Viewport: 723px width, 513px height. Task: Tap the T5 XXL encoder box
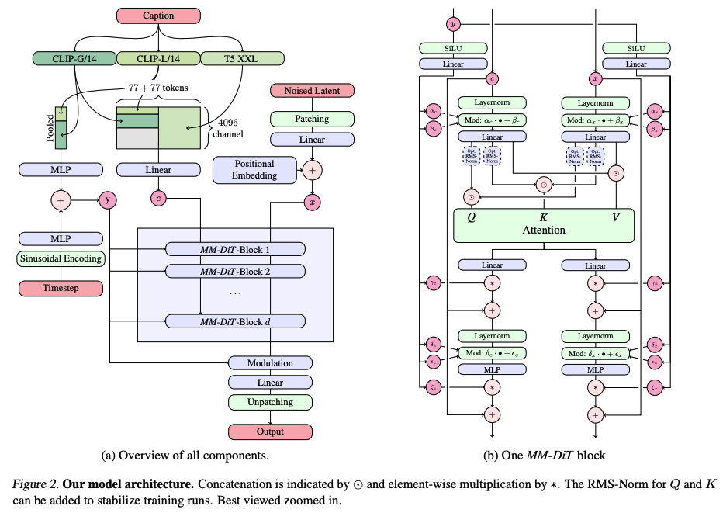[242, 57]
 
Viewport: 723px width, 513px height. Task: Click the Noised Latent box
[312, 92]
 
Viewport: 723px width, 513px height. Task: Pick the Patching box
[312, 119]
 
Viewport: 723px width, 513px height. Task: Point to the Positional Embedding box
[255, 169]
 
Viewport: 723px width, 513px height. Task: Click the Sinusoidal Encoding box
[61, 258]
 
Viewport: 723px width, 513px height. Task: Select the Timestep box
[61, 288]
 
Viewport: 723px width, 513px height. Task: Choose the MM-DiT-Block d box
[236, 321]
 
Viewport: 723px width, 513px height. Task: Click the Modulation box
[270, 363]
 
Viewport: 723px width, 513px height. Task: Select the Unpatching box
[270, 402]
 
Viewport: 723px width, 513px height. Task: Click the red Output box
[270, 432]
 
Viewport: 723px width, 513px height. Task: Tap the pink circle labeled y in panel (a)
[108, 199]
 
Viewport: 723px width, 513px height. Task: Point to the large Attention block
[544, 224]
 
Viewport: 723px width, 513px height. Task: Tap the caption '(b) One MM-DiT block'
[544, 456]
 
